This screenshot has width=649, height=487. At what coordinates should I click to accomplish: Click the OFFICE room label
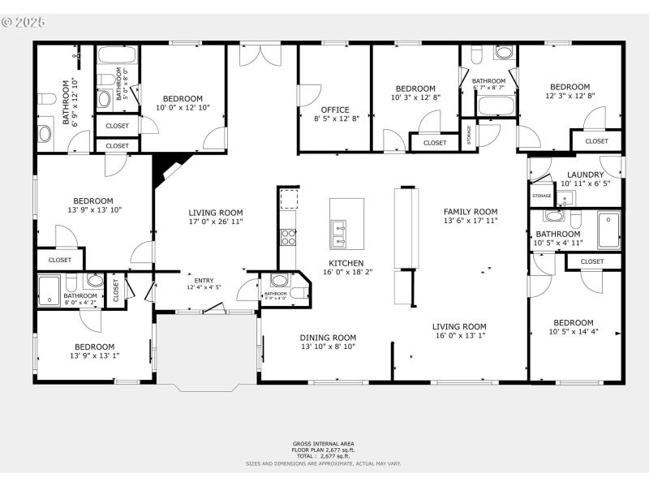pyautogui.click(x=334, y=110)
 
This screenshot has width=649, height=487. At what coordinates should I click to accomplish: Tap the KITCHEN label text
pyautogui.click(x=346, y=263)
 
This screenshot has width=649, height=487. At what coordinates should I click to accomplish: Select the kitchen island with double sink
pyautogui.click(x=346, y=223)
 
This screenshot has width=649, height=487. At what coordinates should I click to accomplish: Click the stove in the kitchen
pyautogui.click(x=287, y=237)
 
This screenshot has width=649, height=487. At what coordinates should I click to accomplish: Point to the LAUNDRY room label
pyautogui.click(x=585, y=175)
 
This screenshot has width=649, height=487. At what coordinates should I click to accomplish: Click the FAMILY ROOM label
pyautogui.click(x=470, y=211)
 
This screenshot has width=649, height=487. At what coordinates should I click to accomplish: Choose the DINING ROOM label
pyautogui.click(x=328, y=338)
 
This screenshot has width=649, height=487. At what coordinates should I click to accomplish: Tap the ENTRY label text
pyautogui.click(x=204, y=280)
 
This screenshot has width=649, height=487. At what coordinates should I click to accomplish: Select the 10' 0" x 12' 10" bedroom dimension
pyautogui.click(x=183, y=108)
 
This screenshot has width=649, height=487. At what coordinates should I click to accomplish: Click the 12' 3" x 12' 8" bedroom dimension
pyautogui.click(x=569, y=96)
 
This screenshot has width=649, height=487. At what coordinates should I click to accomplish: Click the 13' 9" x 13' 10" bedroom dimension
pyautogui.click(x=93, y=209)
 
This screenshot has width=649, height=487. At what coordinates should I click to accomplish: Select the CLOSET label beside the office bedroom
pyautogui.click(x=434, y=143)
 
